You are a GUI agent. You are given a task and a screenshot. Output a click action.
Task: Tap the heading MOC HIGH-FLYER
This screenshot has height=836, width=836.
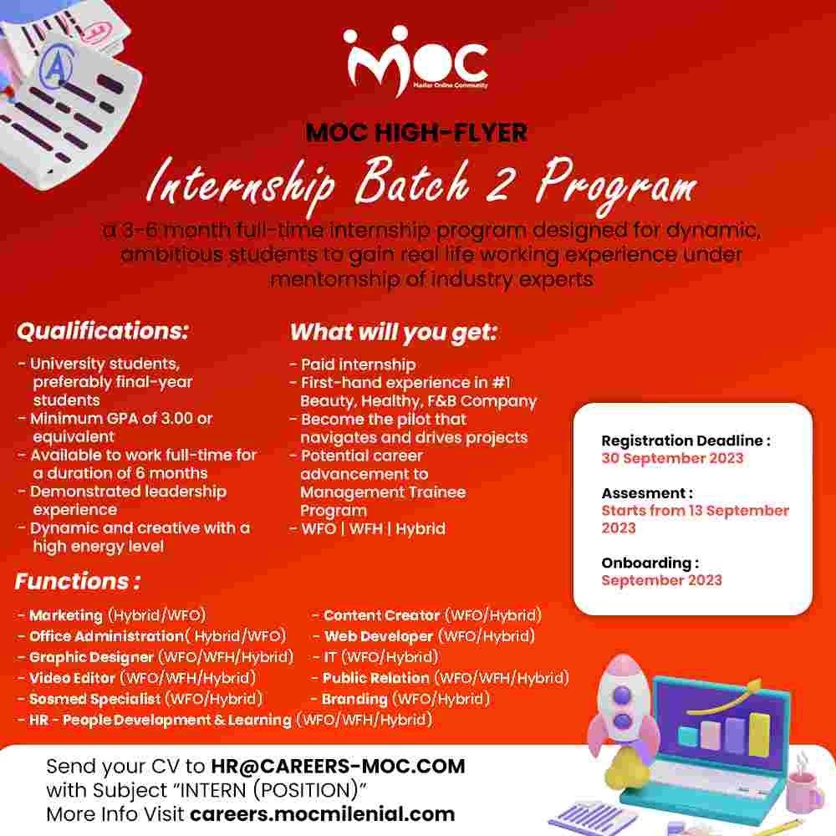(416, 132)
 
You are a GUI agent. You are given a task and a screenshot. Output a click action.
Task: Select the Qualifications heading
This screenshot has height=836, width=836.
(103, 331)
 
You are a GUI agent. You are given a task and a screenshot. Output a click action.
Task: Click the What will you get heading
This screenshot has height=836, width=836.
(394, 332)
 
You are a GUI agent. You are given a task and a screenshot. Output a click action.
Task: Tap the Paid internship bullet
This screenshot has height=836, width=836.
(358, 364)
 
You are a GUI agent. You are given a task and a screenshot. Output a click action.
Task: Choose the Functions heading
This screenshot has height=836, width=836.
(77, 581)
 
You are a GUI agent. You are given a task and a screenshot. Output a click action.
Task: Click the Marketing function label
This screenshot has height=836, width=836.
(66, 615)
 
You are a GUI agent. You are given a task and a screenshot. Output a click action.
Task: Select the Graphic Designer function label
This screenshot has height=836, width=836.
(92, 657)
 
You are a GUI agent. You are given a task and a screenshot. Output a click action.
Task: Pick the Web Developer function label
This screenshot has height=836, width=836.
(379, 636)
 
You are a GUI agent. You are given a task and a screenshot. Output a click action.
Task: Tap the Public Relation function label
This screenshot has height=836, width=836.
(376, 678)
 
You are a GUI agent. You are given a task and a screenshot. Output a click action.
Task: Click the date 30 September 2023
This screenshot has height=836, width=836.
(672, 458)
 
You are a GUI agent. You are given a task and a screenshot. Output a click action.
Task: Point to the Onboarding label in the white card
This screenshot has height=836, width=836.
(650, 563)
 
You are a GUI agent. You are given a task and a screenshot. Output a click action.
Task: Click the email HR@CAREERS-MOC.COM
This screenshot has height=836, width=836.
(338, 766)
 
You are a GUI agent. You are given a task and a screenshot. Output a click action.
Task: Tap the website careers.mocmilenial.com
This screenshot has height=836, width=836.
(322, 813)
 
